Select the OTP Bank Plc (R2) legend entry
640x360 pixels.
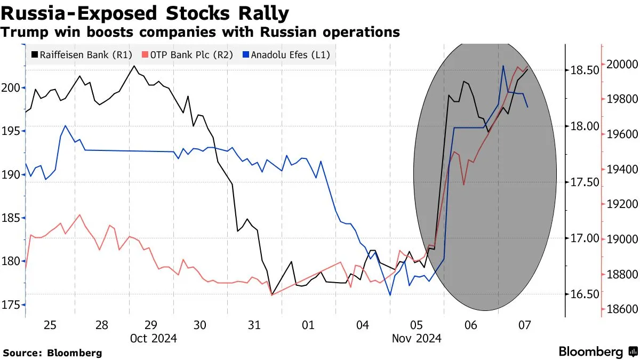point(187,54)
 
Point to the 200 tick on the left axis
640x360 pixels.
point(12,87)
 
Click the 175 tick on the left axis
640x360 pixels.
point(12,305)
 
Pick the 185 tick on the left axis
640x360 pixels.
point(12,218)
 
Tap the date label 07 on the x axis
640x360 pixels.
point(524,325)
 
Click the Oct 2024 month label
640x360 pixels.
point(154,338)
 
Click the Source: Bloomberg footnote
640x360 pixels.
point(52,353)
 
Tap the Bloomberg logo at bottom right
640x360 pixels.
point(598,351)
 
